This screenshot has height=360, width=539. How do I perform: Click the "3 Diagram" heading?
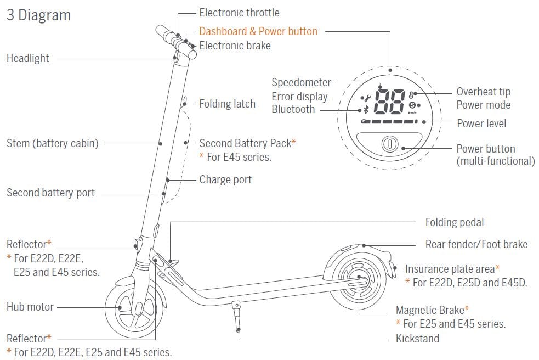pos(38,15)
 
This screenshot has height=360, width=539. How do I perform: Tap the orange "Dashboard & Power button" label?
pos(258,31)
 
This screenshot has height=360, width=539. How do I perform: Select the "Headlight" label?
pos(28,58)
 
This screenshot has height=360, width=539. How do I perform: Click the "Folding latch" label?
pos(227,103)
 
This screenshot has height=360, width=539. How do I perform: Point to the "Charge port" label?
pos(225,179)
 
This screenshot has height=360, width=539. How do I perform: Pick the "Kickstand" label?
pos(417,339)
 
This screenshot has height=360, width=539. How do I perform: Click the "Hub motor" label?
pos(30,307)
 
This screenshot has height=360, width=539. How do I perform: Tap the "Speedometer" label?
pos(302,82)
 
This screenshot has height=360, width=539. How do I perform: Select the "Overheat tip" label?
pos(483,92)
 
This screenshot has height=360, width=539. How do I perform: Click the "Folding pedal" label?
pos(455,222)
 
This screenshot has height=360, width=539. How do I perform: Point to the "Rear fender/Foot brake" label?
pos(476,244)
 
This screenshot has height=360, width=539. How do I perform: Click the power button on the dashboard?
pos(389,145)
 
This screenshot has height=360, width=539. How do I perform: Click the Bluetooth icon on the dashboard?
pos(367,109)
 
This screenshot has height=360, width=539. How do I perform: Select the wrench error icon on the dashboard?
pos(367,98)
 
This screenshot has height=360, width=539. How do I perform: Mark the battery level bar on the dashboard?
pos(389,121)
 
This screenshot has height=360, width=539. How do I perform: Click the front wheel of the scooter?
pos(133,308)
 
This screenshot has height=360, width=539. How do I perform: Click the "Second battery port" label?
pos(50,193)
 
